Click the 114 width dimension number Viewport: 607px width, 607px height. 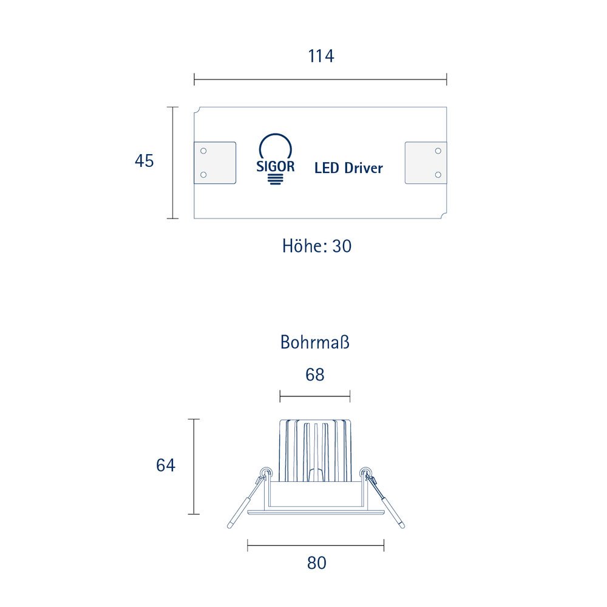pyautogui.click(x=320, y=56)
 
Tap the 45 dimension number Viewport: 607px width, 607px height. pyautogui.click(x=144, y=161)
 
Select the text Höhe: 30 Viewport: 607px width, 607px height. pyautogui.click(x=317, y=246)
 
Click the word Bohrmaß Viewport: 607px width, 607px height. pyautogui.click(x=314, y=342)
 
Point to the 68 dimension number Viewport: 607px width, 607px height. pyautogui.click(x=314, y=375)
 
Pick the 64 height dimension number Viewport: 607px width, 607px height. pyautogui.click(x=166, y=465)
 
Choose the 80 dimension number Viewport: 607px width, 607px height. pyautogui.click(x=317, y=563)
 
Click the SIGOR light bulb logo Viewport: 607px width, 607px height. pyautogui.click(x=275, y=159)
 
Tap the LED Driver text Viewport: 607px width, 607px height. pyautogui.click(x=348, y=168)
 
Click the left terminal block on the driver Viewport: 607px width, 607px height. pyautogui.click(x=215, y=163)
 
